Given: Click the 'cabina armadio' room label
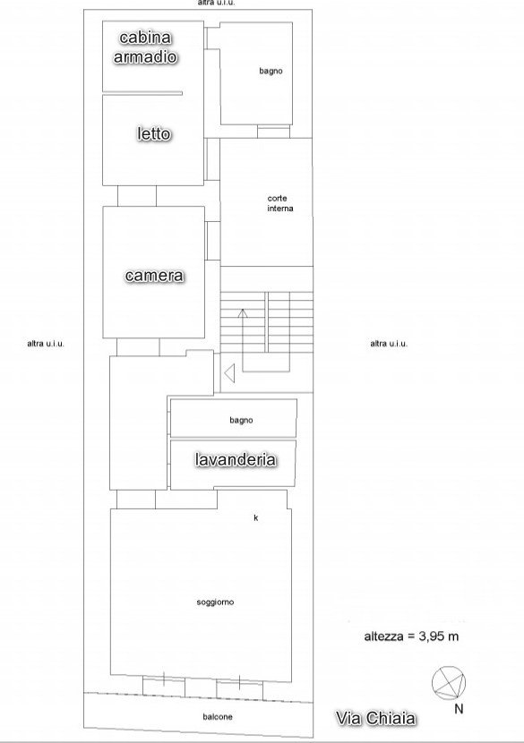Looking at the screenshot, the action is [x=146, y=47].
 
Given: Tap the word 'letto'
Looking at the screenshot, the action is [x=154, y=133].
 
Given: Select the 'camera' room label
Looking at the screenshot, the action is [x=154, y=276].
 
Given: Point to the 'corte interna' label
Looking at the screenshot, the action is [x=280, y=203].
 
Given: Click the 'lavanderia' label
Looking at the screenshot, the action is [x=236, y=459].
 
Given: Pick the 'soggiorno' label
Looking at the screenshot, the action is [x=215, y=602].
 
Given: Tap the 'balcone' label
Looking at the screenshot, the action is [x=218, y=717].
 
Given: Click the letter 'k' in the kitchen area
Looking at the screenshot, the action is [x=256, y=517].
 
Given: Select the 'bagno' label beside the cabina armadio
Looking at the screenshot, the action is [x=271, y=71].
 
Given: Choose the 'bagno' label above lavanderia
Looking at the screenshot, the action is [x=241, y=420].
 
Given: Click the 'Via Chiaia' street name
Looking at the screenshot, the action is [x=376, y=718].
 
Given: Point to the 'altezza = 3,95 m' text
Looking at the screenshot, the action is [x=411, y=636].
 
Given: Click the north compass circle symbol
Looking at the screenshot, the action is [x=449, y=683].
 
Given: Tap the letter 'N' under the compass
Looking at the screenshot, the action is [x=459, y=709].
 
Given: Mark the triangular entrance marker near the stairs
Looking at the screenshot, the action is [x=229, y=373].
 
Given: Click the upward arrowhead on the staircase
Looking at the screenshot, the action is [x=243, y=312].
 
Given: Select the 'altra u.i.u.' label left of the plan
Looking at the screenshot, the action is [x=45, y=344].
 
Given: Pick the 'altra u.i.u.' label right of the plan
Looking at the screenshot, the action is [x=389, y=344].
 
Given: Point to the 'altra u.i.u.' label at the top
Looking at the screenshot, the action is [x=216, y=3].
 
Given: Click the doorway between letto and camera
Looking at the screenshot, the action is [x=137, y=196].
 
